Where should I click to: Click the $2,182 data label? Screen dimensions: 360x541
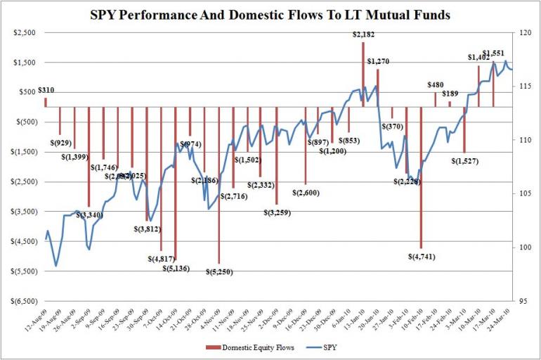point(363,34)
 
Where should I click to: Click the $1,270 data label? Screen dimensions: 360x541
point(378,61)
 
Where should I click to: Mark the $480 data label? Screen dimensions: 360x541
point(436,85)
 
